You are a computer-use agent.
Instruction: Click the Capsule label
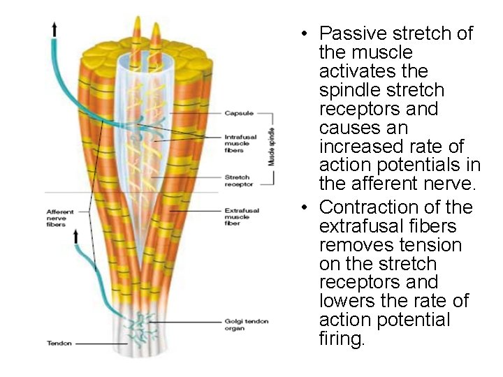238,113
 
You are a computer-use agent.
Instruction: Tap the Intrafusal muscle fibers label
237,143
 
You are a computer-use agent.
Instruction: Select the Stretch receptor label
238,181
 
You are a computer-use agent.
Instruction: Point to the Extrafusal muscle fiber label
242,216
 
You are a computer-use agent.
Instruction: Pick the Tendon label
59,343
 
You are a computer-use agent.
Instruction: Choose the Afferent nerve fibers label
60,218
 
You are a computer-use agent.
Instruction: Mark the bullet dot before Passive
305,34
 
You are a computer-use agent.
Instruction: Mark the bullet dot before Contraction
305,208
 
